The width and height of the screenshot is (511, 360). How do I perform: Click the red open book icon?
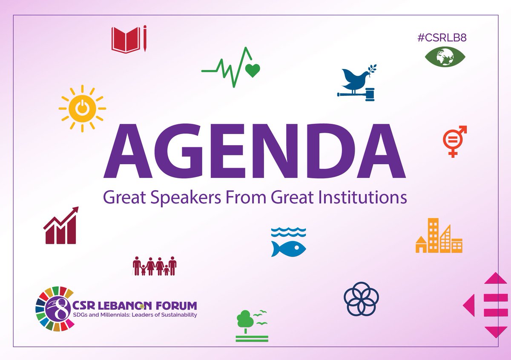[x=126, y=40]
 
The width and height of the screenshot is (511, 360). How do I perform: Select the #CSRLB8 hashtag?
[x=442, y=37]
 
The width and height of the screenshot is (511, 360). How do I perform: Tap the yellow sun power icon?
[x=82, y=108]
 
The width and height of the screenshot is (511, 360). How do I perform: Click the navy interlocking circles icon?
[x=361, y=299]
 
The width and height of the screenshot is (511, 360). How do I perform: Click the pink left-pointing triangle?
[x=469, y=305]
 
